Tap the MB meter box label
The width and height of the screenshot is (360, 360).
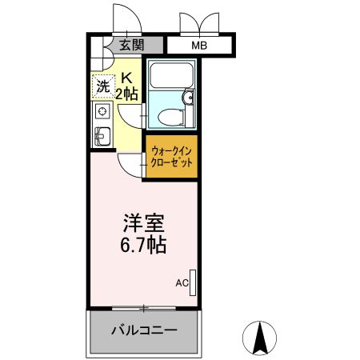click(x=198, y=46)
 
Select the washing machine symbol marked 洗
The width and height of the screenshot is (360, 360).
click(x=102, y=87)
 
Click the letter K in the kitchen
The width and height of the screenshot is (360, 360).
click(x=127, y=78)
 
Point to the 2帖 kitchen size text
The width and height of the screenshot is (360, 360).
click(x=128, y=94)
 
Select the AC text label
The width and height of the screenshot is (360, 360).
click(x=182, y=283)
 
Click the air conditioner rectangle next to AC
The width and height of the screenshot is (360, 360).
click(x=193, y=282)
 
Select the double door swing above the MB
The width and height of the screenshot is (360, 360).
click(x=198, y=22)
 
